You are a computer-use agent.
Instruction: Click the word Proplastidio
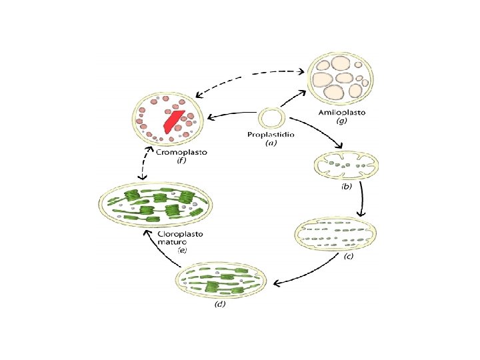coord(271,135)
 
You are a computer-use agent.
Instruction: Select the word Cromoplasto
coord(181,152)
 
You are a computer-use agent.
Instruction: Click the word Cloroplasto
coord(181,234)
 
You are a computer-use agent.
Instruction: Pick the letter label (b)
coord(346,187)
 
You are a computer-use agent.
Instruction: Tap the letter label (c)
coord(348,257)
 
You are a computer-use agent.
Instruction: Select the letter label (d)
coord(220,304)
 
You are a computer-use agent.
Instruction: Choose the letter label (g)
coord(341,122)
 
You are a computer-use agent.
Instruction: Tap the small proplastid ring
coord(271,119)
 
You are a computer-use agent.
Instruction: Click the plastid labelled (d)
coord(224,280)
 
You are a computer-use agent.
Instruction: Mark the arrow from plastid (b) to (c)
coord(362,199)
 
